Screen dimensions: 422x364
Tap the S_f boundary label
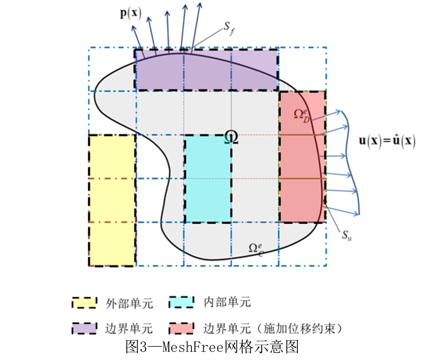point(229,28)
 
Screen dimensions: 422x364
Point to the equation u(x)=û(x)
point(387,141)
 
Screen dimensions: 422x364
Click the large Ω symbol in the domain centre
point(231,137)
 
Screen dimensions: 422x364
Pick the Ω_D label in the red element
point(302,115)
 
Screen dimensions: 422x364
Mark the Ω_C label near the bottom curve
point(256,249)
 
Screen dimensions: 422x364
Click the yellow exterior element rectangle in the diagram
point(112,201)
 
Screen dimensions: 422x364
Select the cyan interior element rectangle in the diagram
point(208,179)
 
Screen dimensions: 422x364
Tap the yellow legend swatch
point(84,303)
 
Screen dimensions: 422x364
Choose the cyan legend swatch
point(181,302)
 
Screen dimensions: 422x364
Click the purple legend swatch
point(84,328)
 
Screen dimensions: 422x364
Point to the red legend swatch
point(181,328)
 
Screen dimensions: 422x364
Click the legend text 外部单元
point(129,303)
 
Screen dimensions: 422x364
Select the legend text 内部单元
point(227,302)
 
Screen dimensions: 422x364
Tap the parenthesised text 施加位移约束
point(299,328)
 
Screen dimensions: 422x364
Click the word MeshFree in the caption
point(193,347)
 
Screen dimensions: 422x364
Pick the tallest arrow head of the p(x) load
point(200,4)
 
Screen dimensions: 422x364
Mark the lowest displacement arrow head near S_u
point(357,214)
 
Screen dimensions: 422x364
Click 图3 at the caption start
point(136,347)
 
